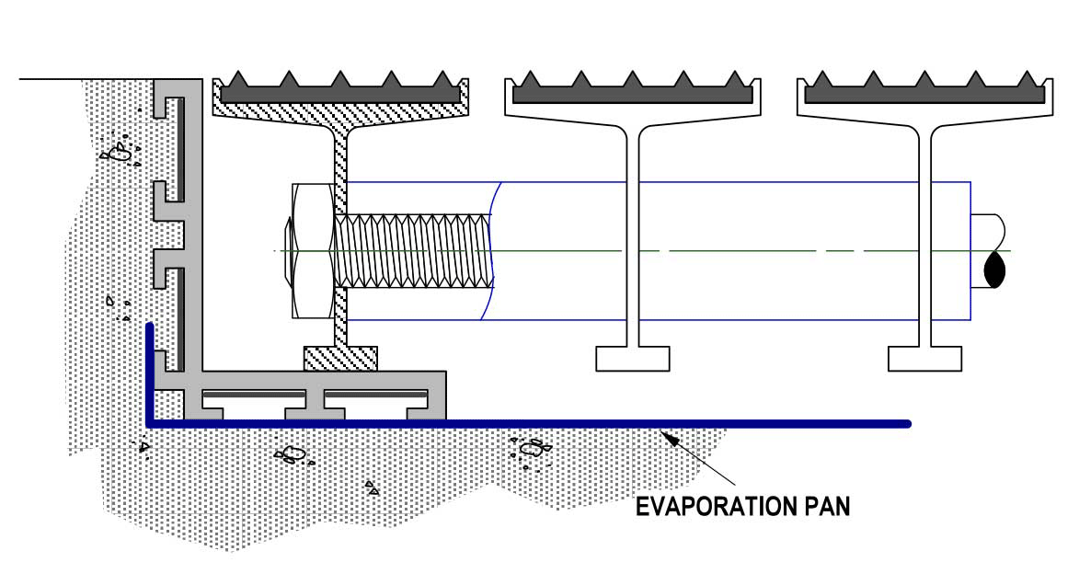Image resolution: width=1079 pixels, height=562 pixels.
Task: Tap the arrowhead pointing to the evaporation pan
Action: tap(669, 438)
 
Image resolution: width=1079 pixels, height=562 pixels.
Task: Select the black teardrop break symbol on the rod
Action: tap(995, 270)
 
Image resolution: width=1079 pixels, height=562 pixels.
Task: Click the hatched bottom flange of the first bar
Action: tap(340, 359)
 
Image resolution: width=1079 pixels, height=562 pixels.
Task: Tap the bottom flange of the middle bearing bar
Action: tap(632, 359)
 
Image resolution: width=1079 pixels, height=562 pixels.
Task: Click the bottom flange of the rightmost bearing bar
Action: tap(924, 359)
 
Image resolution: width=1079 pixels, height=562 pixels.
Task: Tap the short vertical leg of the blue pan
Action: tap(149, 372)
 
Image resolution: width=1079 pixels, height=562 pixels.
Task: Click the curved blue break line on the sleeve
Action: tap(489, 251)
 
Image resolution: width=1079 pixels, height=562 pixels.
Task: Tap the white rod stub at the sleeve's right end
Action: tap(988, 250)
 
